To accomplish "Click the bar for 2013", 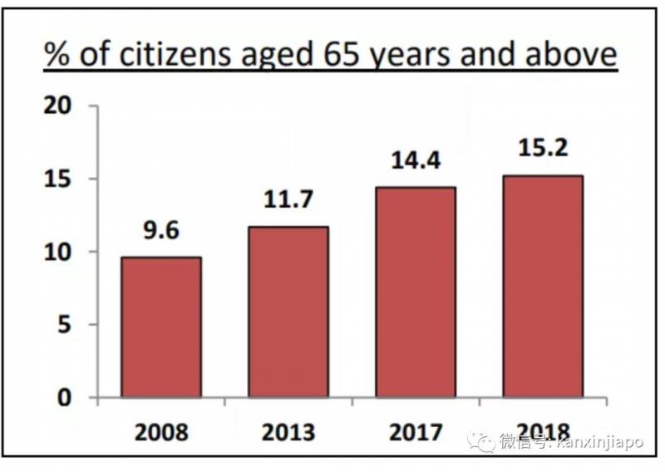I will tap(288, 312).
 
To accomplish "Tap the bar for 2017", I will tap(416, 292).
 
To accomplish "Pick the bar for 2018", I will tap(543, 286).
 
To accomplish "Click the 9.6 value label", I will tap(160, 230).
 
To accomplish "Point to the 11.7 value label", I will tap(288, 200).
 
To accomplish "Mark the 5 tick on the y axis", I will tap(67, 325).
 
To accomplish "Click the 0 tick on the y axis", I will tap(67, 397).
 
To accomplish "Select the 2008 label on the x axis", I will tap(160, 433).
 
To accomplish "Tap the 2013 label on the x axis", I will tap(288, 433).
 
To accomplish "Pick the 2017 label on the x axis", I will tap(416, 433).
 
